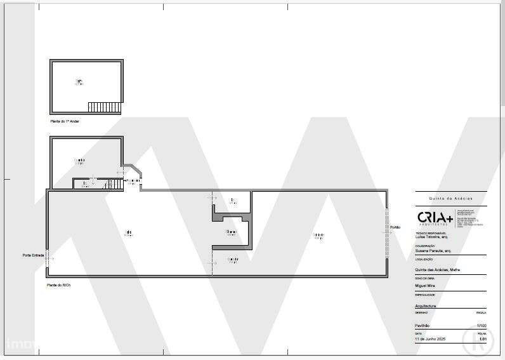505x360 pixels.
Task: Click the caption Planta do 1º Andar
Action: coord(65,121)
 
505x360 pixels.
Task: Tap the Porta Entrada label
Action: coord(32,256)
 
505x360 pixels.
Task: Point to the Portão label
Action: coord(395,227)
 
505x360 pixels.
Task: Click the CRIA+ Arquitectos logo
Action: coord(435,218)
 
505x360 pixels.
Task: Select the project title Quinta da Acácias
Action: coord(450,198)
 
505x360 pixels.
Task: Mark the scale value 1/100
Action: coord(481,326)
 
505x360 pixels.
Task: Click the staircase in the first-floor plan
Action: coord(104,107)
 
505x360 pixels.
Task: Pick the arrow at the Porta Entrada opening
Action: coord(49,259)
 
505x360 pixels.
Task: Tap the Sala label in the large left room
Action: coord(128,232)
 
